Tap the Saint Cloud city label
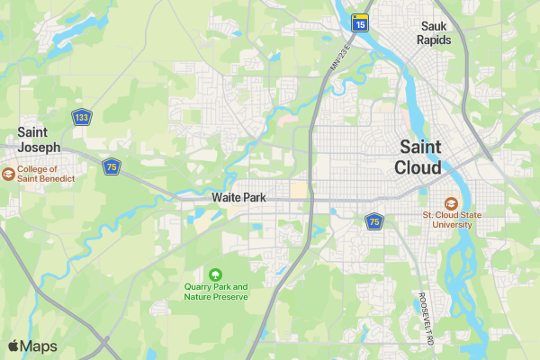(x=419, y=157)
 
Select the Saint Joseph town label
(x=40, y=139)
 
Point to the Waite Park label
(x=238, y=197)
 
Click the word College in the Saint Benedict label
(x=38, y=168)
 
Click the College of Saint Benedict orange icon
(x=8, y=174)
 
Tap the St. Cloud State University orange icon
(x=450, y=202)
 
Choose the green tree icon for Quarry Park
(x=215, y=274)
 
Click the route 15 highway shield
(x=359, y=24)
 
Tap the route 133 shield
(x=82, y=118)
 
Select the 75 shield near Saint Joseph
(x=112, y=166)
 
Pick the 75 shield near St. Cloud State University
(x=373, y=220)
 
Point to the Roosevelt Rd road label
(x=425, y=318)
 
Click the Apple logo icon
(x=13, y=346)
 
